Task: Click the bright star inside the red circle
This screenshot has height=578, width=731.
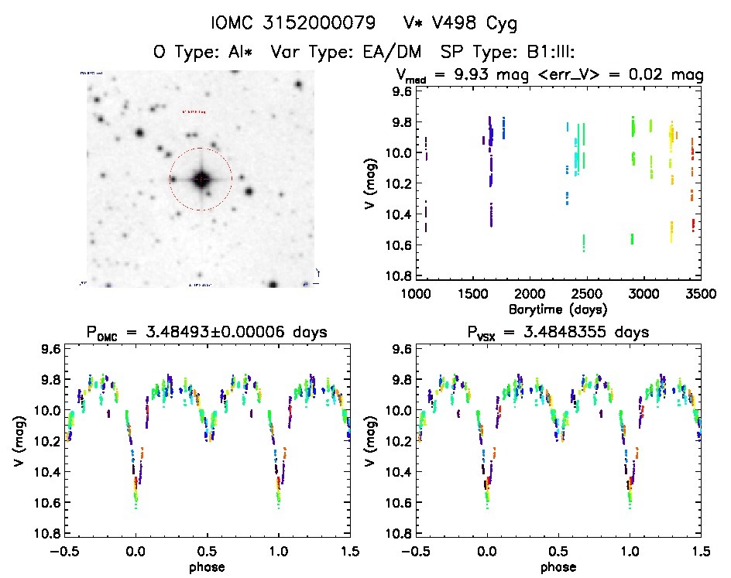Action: [x=201, y=179]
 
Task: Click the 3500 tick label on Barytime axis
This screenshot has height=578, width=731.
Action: [x=700, y=294]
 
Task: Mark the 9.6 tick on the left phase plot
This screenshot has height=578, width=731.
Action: [x=50, y=349]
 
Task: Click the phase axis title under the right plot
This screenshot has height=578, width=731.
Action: [x=558, y=566]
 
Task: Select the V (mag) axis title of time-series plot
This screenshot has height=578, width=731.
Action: [x=371, y=184]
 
